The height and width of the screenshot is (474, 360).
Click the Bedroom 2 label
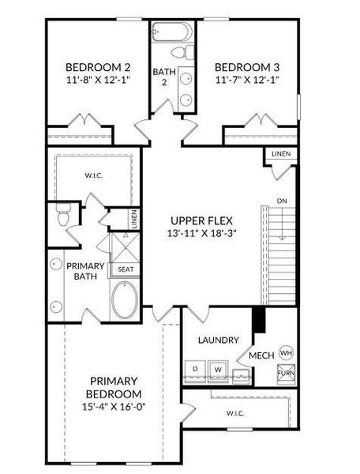tap(98, 66)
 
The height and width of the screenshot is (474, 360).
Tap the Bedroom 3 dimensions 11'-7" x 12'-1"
tap(246, 80)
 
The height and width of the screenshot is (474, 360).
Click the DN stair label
tap(282, 201)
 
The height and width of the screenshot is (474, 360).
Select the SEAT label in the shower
tap(126, 269)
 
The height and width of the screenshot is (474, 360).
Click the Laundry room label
tap(218, 340)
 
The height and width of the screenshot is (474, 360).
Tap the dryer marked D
tap(195, 369)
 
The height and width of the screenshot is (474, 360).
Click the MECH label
tap(261, 356)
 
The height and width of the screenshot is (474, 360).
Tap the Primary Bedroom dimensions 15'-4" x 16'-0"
tap(115, 407)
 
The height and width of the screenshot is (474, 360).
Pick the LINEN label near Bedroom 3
tap(280, 153)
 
